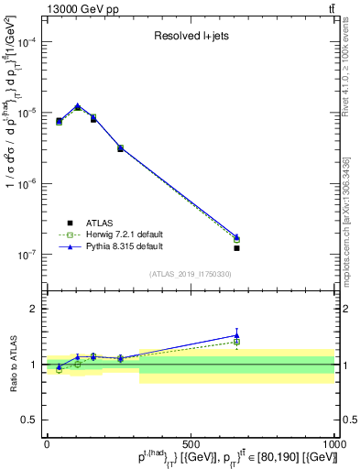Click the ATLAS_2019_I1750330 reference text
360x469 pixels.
point(191,274)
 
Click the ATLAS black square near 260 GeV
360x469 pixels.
point(121,148)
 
